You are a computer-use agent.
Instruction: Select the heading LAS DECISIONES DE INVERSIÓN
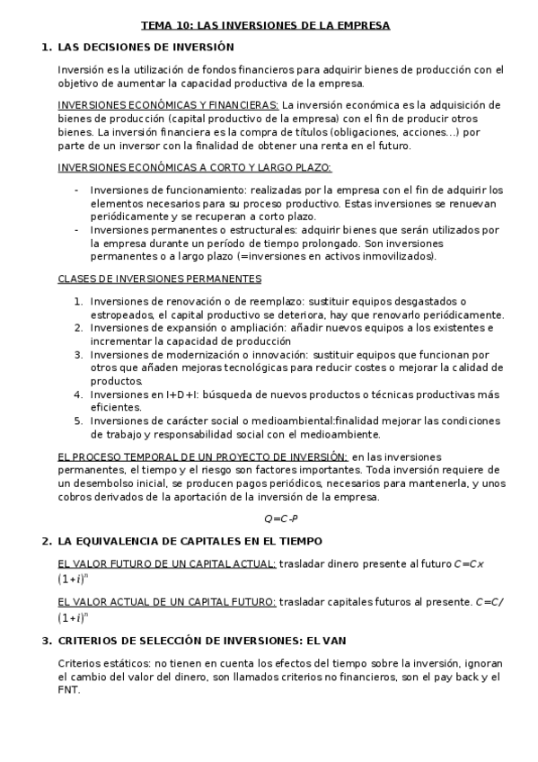[146, 47]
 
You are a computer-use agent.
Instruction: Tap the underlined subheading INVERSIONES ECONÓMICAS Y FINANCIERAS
[168, 105]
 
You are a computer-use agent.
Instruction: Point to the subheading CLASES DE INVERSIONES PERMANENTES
[160, 279]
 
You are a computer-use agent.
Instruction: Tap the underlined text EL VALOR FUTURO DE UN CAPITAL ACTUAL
[167, 563]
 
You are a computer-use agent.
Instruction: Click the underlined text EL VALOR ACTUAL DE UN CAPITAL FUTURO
[167, 601]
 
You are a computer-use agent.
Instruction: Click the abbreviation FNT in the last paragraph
[69, 690]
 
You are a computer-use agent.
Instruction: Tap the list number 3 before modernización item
[78, 355]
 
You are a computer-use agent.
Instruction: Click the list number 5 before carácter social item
[78, 421]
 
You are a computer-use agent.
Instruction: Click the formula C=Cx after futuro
[469, 563]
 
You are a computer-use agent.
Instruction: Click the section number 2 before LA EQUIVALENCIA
[45, 541]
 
